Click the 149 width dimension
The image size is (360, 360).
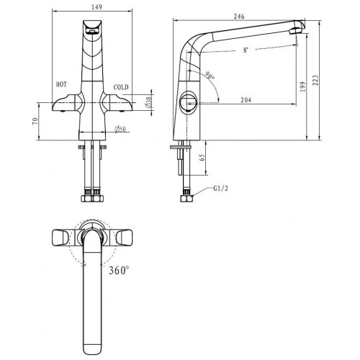point(97,6)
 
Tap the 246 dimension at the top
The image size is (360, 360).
point(239,16)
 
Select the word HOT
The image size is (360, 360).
point(61,84)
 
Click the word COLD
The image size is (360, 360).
point(121,87)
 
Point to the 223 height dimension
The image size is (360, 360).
point(315,80)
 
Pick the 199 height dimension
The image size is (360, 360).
point(302,86)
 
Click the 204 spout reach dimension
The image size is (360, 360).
point(246,99)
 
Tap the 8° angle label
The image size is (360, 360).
point(246,50)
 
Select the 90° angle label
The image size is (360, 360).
point(210,76)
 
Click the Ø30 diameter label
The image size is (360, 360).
point(149,102)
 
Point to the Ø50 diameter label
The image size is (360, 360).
point(120,130)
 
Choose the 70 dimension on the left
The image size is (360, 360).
point(35,121)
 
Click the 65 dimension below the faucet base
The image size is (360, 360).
point(202,157)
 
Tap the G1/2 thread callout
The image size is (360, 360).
point(220,189)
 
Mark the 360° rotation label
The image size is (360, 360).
point(119,271)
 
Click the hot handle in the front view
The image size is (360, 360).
point(68,103)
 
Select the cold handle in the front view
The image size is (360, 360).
point(116,103)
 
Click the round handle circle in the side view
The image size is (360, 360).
point(189,102)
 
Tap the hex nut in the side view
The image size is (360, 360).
point(186,198)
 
